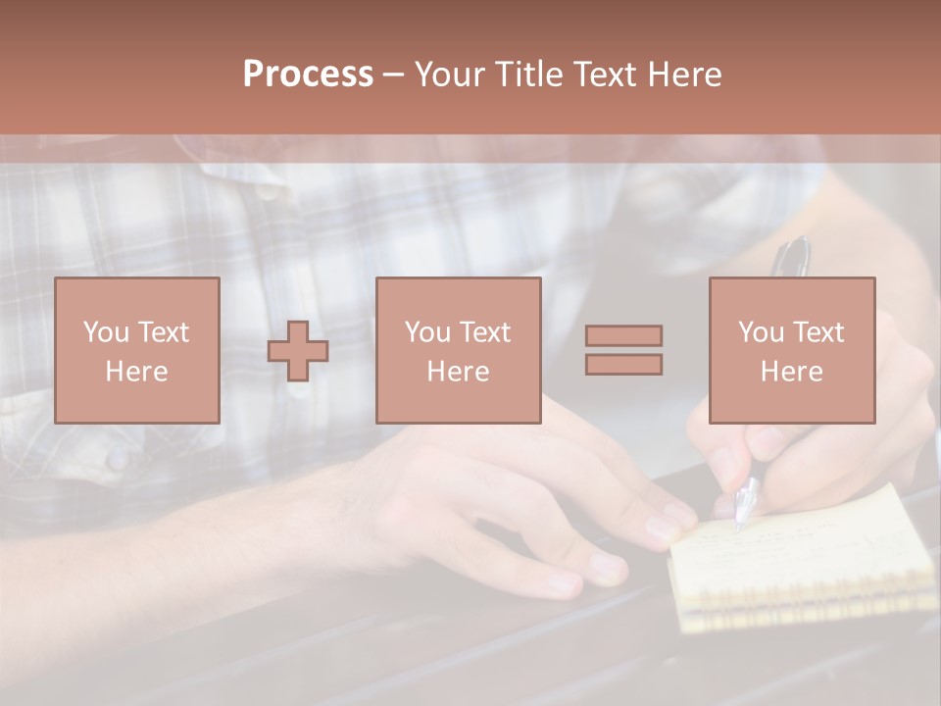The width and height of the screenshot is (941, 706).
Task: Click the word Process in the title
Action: click(x=308, y=75)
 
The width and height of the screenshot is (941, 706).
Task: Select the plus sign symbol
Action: click(x=298, y=350)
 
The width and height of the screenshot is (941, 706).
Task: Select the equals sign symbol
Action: click(x=623, y=350)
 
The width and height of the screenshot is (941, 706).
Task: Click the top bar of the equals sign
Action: click(x=623, y=335)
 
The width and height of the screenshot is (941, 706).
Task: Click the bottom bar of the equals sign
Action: click(x=623, y=365)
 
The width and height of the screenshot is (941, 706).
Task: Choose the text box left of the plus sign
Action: click(x=136, y=350)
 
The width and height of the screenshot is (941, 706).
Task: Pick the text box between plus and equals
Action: click(x=458, y=350)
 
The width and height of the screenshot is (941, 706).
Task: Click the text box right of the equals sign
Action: click(x=791, y=350)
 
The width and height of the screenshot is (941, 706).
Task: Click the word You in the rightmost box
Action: click(x=760, y=332)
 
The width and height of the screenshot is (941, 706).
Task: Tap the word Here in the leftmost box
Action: click(x=136, y=372)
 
